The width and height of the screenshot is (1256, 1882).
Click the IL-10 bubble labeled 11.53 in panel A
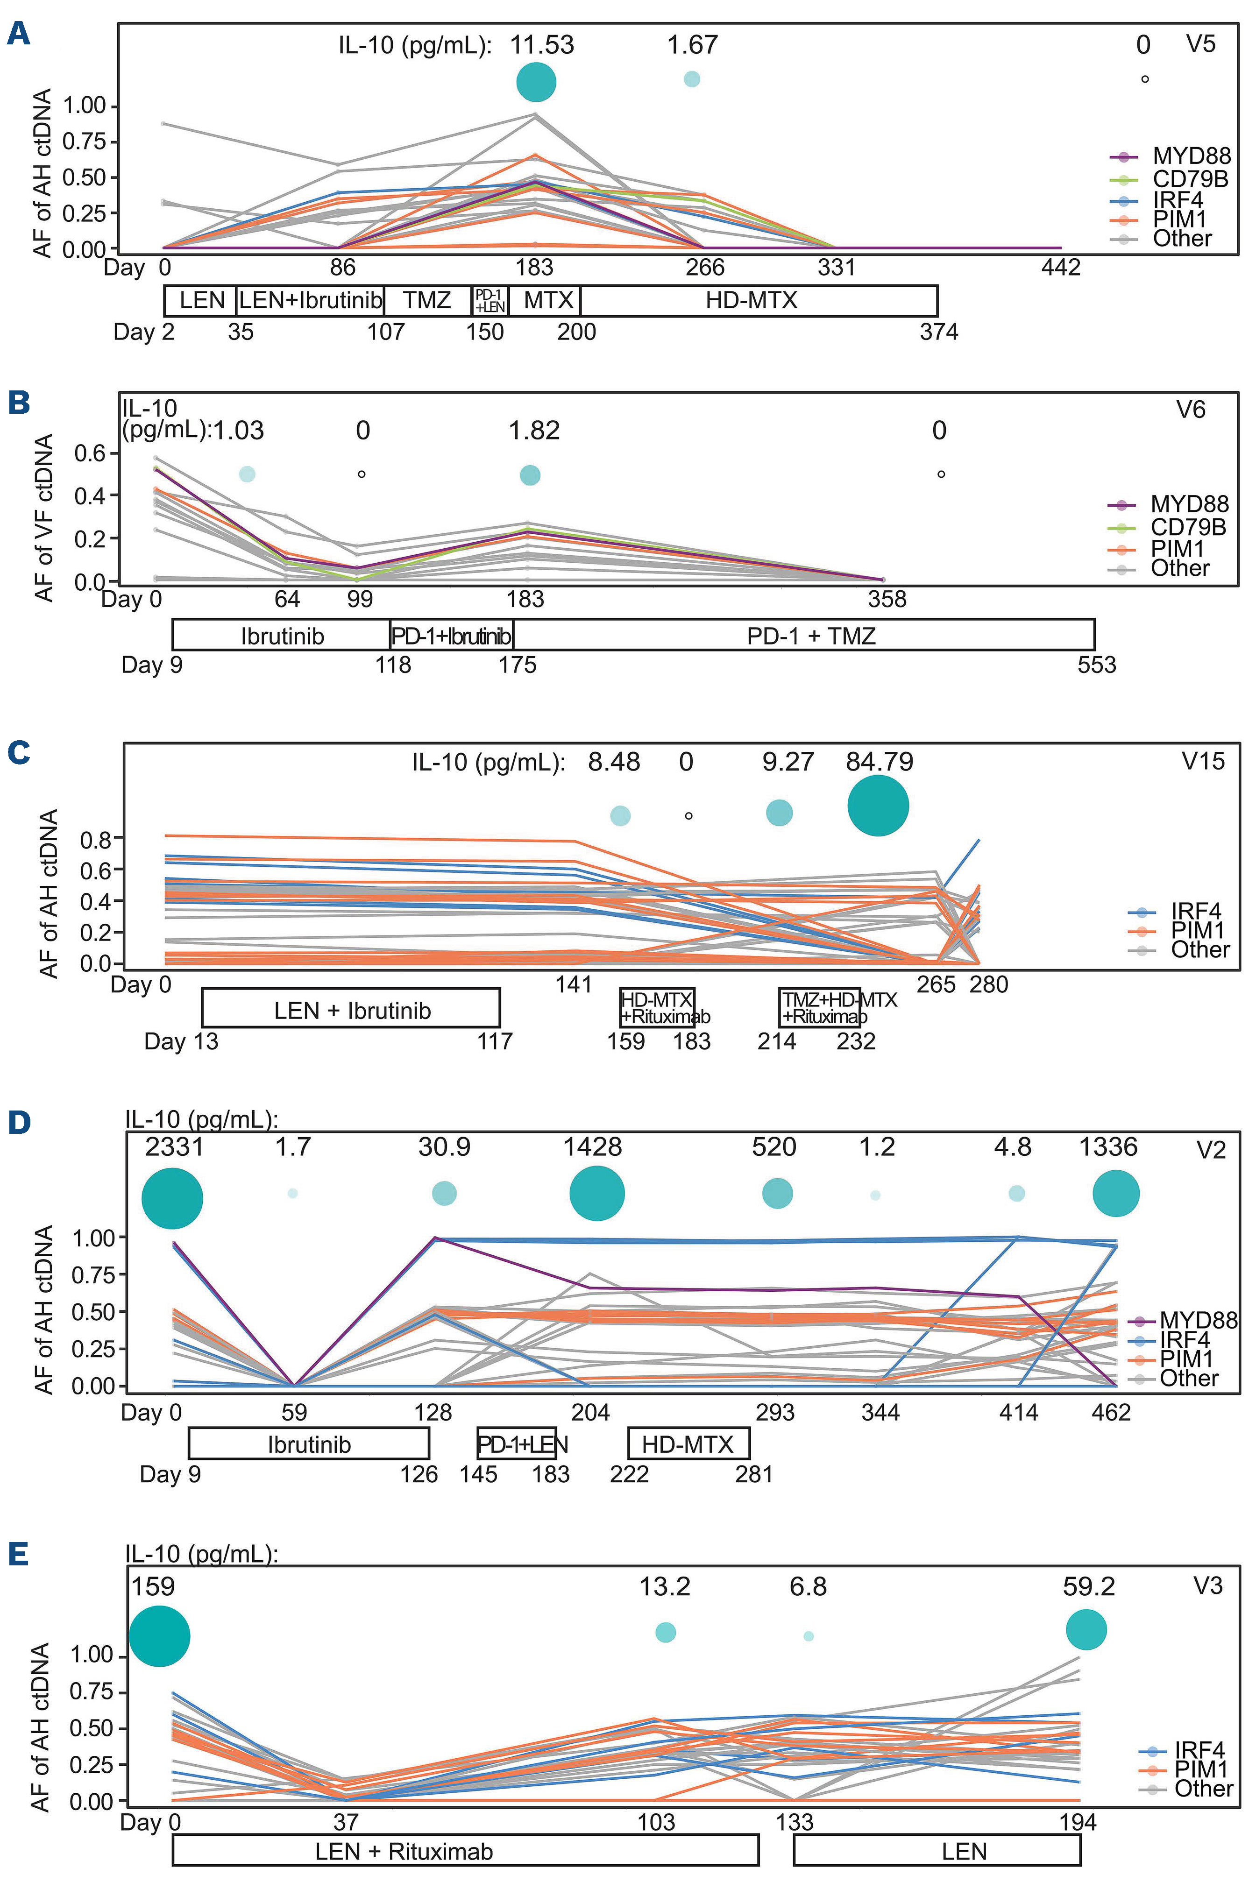click(x=536, y=82)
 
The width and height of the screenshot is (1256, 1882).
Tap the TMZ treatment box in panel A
click(x=427, y=300)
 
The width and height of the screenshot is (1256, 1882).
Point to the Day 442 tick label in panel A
click(x=1061, y=268)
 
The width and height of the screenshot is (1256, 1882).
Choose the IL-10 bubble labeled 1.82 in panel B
click(x=530, y=475)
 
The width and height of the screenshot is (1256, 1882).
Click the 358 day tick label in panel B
click(x=887, y=599)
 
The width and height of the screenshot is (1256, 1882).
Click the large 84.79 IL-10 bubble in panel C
click(x=878, y=806)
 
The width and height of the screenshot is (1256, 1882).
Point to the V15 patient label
click(x=1203, y=761)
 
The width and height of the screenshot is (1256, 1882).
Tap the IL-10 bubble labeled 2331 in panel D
click(x=172, y=1199)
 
